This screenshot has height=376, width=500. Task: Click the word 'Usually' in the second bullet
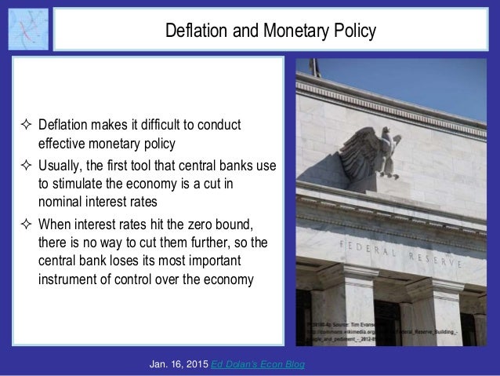(62, 163)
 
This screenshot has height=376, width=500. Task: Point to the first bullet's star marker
(24, 127)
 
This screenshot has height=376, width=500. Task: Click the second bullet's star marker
(24, 163)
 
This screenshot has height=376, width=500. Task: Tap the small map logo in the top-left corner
(27, 29)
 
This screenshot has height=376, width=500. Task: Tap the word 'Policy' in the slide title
(353, 31)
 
